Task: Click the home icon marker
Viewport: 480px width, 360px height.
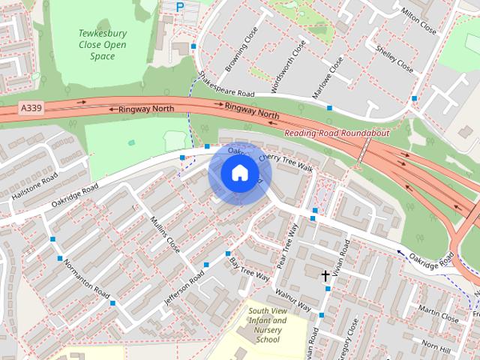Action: coord(239,172)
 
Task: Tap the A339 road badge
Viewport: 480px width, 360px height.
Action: coord(32,109)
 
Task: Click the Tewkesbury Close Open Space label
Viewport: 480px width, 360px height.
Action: coord(103,44)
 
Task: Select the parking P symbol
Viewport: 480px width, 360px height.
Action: coord(179,7)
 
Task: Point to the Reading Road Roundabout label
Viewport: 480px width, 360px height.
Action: coord(337,133)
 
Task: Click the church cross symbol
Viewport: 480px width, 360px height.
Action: coord(325,276)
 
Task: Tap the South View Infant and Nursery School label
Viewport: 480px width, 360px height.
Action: coord(268,325)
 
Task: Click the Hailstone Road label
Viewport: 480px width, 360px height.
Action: coord(34,185)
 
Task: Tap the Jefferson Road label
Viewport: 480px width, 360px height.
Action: coord(184,286)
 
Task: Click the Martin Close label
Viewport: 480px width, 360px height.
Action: coord(439,313)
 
